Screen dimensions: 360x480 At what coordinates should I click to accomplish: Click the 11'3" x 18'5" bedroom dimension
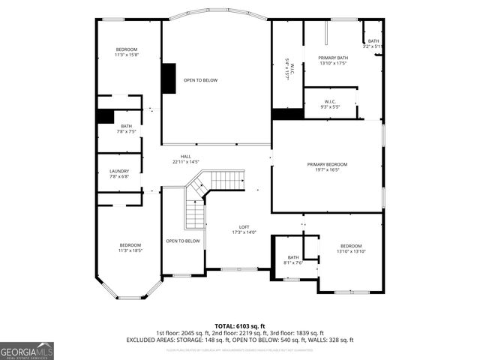coord(130,250)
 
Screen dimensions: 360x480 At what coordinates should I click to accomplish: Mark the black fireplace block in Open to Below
coord(169,79)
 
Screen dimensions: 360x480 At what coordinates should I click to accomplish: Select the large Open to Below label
coord(201,80)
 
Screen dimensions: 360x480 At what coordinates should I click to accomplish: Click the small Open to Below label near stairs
coord(183,241)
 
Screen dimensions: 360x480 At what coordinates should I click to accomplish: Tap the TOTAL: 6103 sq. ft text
coord(240,325)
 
